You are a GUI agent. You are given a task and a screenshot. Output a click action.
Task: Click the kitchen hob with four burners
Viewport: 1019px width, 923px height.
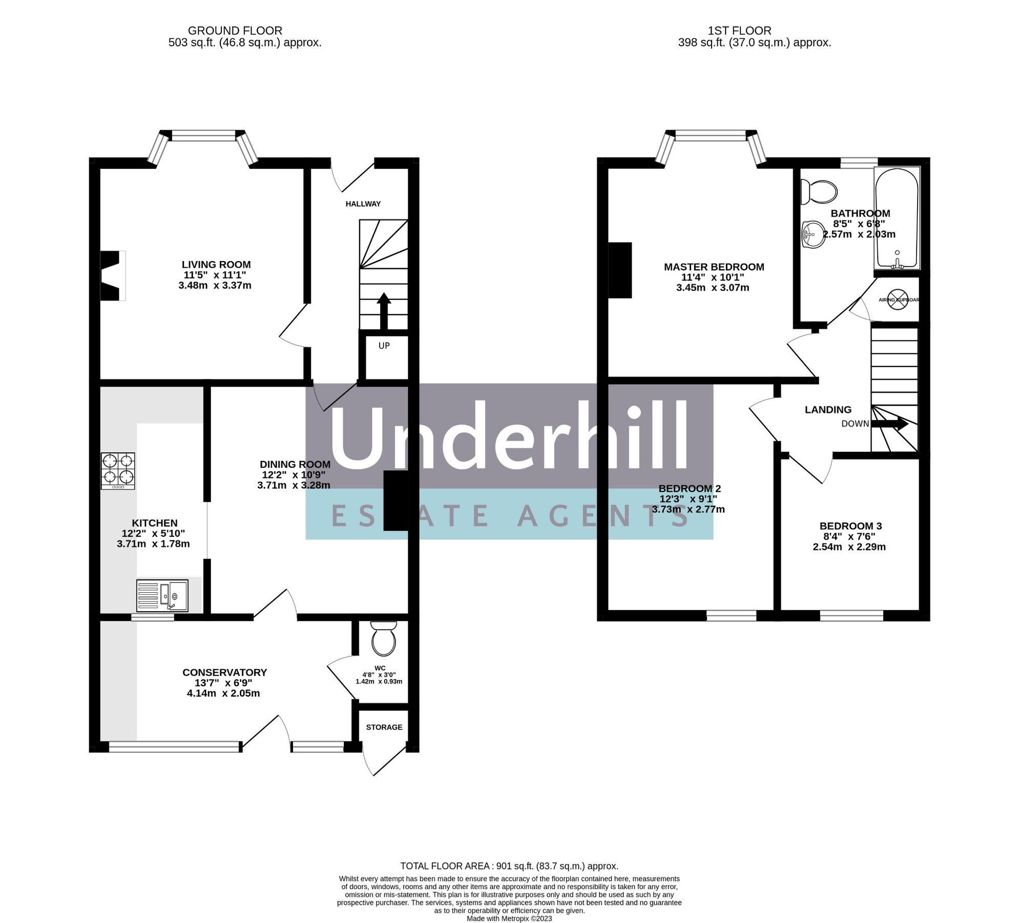(118, 471)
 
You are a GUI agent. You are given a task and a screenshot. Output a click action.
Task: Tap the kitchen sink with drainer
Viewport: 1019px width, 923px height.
(162, 595)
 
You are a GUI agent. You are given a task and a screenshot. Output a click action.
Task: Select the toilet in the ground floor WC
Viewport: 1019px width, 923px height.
(383, 639)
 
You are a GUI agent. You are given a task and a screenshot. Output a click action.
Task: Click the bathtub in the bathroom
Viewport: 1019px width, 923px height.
(897, 218)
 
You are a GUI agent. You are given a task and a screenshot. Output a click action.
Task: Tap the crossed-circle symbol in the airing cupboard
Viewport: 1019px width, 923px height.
(897, 300)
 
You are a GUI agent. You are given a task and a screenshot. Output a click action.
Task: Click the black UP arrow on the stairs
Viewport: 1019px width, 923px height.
(383, 310)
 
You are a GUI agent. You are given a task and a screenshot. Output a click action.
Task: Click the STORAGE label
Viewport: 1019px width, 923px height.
(384, 727)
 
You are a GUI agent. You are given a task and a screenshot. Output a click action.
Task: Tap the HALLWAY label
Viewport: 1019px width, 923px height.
(363, 204)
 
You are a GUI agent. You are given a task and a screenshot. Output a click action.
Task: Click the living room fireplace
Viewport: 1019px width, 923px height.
(112, 275)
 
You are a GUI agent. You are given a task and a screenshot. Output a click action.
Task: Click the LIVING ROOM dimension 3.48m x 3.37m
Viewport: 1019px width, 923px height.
(215, 286)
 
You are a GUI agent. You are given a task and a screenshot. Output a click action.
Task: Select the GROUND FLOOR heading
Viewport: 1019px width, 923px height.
(235, 31)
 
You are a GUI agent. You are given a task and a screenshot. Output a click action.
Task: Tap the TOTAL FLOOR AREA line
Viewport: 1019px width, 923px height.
(509, 866)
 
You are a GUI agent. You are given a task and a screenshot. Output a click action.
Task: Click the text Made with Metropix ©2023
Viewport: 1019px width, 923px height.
(509, 918)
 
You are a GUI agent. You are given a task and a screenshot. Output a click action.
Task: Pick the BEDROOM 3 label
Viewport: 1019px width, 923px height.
(850, 526)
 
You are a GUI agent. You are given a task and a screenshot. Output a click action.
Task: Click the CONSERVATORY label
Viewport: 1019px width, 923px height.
(224, 672)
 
